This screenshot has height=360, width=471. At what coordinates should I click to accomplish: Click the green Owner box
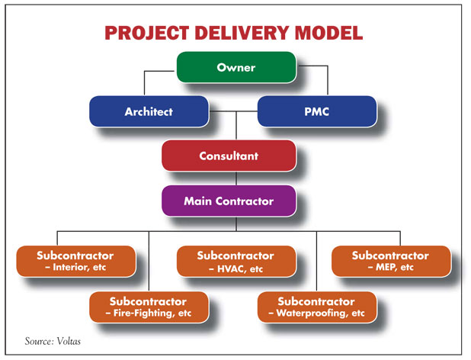click(x=235, y=67)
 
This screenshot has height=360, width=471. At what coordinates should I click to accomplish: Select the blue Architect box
click(x=149, y=111)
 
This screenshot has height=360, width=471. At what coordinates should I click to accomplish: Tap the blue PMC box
click(x=316, y=111)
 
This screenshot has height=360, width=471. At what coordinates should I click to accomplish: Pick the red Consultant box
click(x=229, y=156)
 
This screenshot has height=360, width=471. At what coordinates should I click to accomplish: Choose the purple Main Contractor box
click(x=229, y=201)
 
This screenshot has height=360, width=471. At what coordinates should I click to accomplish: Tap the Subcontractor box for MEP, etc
click(x=390, y=261)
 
